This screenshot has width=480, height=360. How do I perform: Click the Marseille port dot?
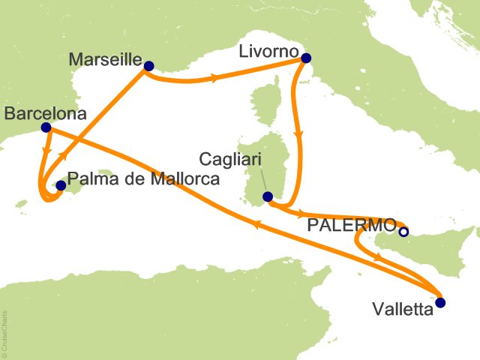[x=148, y=66]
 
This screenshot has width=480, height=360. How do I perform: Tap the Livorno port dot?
[x=305, y=58]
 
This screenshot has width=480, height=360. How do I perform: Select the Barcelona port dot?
[x=46, y=127]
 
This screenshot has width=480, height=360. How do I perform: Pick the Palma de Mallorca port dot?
[x=61, y=184]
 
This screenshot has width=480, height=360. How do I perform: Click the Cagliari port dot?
[x=267, y=196]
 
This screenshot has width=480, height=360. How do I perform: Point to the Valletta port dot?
[x=440, y=303]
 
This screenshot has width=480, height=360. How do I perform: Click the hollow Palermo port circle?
[x=403, y=232]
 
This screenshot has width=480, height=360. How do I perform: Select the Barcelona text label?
[x=45, y=114]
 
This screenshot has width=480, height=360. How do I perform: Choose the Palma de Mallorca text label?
[x=142, y=180]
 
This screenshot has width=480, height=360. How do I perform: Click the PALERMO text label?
[x=352, y=225]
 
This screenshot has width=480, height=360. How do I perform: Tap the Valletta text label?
[x=403, y=310]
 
